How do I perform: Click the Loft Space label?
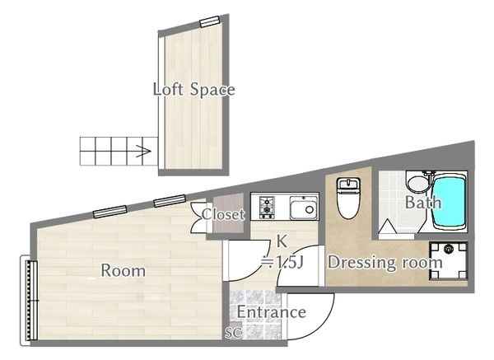193,89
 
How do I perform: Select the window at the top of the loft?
209,21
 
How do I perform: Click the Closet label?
223,215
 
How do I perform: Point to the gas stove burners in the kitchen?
267,208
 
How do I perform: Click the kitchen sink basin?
303,208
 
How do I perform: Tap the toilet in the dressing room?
348,198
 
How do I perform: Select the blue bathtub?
449,203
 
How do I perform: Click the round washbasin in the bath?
417,184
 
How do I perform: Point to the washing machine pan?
449,261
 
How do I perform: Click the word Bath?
423,203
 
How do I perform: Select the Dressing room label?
385,263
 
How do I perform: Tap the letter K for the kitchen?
282,241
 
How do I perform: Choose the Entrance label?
271,312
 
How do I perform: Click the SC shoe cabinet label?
234,332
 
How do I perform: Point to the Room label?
123,271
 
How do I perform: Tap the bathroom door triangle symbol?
387,227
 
